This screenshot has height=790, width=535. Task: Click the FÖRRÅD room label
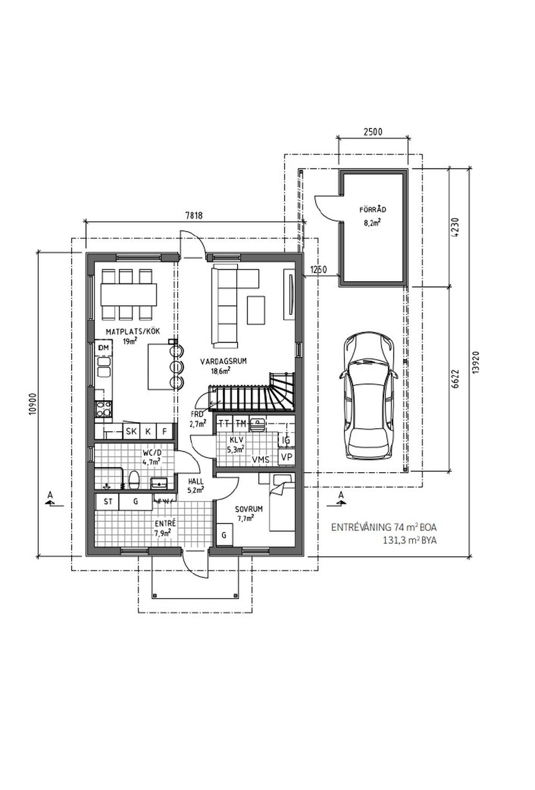(373, 210)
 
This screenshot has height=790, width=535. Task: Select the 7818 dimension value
(194, 215)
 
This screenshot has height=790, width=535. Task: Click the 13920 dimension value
(474, 361)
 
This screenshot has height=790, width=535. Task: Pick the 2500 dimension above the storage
(373, 132)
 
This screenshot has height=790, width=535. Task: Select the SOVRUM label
(249, 509)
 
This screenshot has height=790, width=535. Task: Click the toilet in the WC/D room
(134, 479)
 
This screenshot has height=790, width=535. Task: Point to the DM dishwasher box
(103, 348)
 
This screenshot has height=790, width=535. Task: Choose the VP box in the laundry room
(286, 457)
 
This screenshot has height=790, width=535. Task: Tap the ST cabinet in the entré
(108, 502)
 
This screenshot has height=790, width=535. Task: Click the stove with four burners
(103, 409)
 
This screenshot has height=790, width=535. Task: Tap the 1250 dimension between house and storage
(318, 270)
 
